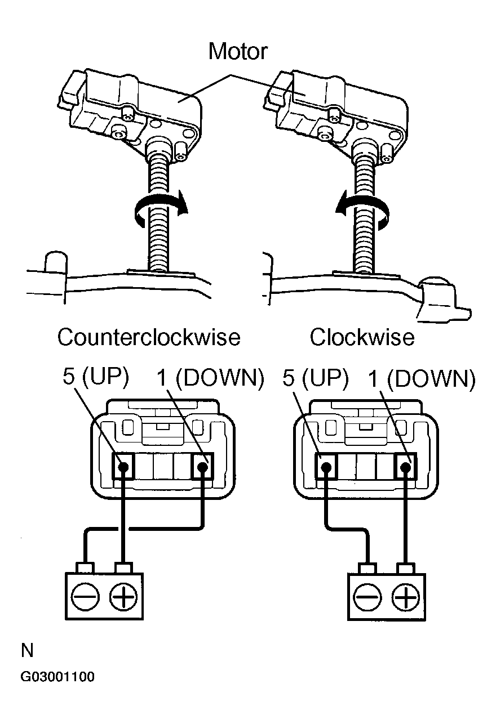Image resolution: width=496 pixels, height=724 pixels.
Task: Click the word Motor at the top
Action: click(237, 51)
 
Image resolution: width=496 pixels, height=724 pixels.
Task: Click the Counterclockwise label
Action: click(149, 338)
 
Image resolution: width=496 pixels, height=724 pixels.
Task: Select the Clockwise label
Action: click(362, 338)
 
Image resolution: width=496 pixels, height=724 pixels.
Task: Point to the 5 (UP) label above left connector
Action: click(96, 378)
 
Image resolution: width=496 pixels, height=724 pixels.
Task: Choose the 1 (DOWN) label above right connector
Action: click(420, 379)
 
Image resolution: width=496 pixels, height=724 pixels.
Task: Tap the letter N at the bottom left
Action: click(27, 651)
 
